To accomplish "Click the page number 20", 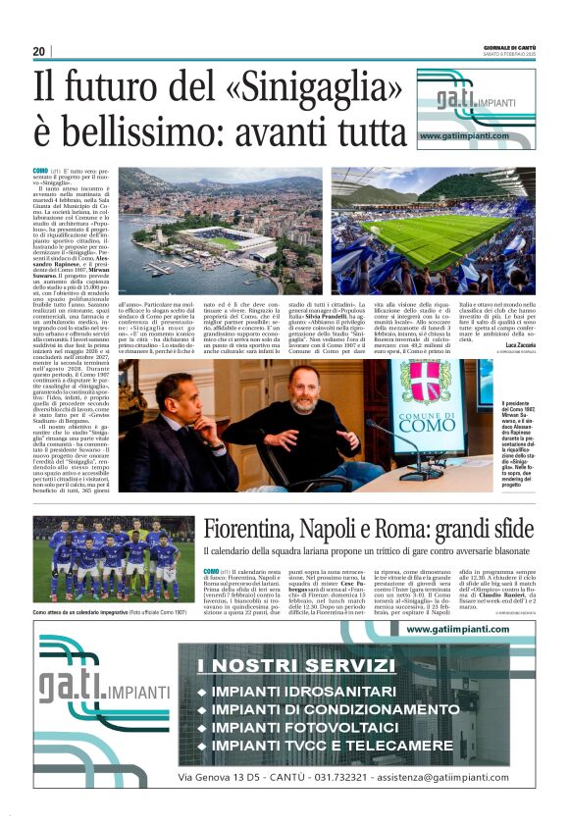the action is point(38,51).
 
